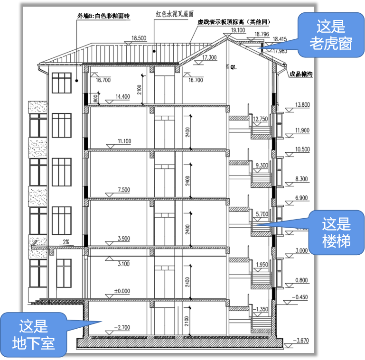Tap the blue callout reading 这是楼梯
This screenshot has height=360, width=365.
(336, 232)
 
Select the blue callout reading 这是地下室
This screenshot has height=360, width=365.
(34, 334)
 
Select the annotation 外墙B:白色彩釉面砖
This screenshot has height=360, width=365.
(103, 16)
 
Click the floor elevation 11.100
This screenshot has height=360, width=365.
(124, 141)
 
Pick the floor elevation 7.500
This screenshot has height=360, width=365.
(123, 190)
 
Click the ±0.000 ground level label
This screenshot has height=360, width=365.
(122, 291)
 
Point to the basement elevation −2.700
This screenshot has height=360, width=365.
(122, 327)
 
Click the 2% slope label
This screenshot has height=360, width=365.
(66, 241)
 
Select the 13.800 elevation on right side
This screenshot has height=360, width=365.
(302, 104)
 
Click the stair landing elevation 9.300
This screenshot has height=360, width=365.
(262, 165)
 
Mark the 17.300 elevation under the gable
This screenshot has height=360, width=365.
(209, 57)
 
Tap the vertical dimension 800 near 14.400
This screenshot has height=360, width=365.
(95, 98)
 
